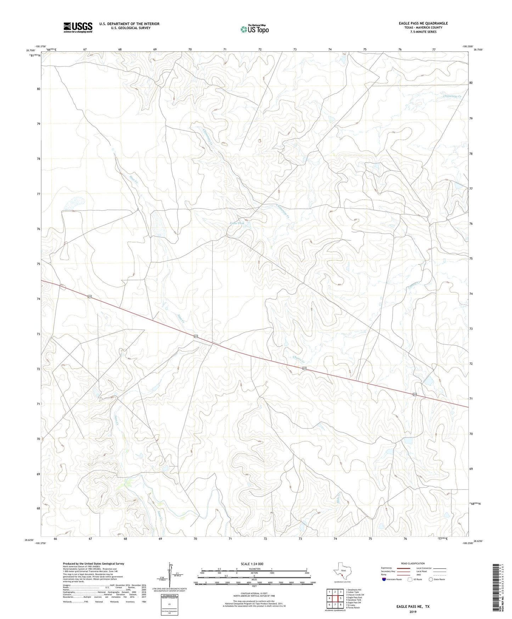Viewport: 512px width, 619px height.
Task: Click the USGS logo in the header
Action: (78, 27)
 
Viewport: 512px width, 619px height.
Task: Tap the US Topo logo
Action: (254, 29)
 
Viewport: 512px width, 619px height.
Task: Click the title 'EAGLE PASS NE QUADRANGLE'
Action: (423, 23)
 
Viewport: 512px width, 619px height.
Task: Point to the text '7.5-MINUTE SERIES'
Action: (423, 32)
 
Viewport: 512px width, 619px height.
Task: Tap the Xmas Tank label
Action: (237, 223)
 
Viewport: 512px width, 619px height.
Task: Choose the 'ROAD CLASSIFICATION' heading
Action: (413, 564)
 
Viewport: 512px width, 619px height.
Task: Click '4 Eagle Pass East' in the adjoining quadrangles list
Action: (354, 597)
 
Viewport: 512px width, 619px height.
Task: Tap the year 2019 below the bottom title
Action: (413, 612)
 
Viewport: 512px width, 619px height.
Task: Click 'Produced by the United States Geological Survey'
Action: (94, 564)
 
